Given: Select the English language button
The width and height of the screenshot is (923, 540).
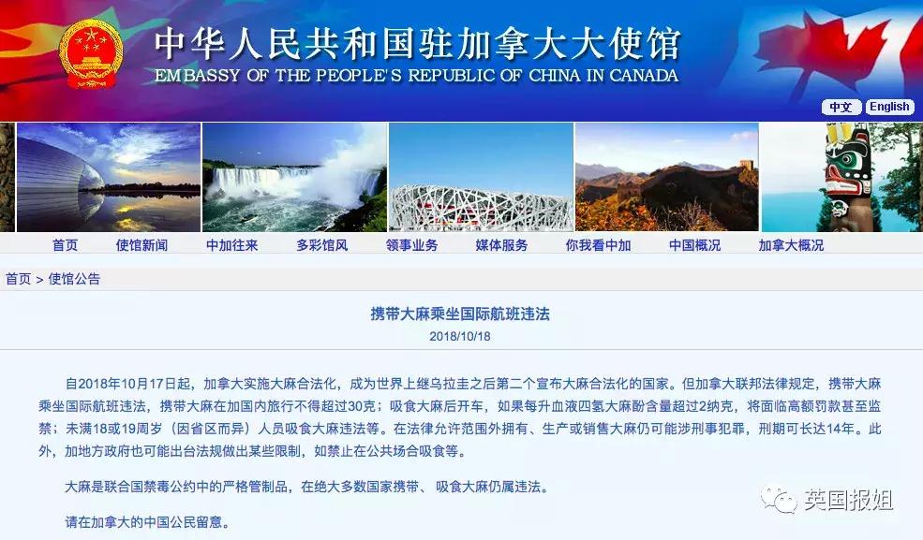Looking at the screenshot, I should (888, 107).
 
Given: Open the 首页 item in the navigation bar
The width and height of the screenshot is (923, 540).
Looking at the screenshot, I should (65, 245).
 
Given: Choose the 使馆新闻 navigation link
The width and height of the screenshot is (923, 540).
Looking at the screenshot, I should (141, 245).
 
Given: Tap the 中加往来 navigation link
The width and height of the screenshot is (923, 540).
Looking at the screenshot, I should (231, 245).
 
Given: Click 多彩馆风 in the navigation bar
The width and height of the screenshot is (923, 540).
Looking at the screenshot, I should (321, 245).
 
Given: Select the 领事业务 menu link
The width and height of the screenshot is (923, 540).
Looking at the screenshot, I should (411, 245).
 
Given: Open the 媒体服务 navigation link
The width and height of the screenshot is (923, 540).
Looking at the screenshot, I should (501, 245).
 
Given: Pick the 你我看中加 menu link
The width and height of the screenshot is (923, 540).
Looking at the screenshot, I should (598, 245).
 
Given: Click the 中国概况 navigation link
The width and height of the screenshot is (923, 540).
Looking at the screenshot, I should (694, 245).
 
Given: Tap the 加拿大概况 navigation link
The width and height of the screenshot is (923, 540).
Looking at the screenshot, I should (791, 245).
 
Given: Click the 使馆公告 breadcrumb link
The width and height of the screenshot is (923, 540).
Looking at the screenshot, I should (74, 279).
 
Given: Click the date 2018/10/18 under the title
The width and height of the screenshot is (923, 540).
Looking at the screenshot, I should (460, 336).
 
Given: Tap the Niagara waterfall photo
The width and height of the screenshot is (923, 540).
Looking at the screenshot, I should (293, 177).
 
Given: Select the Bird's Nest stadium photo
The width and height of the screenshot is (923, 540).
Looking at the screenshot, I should (480, 178).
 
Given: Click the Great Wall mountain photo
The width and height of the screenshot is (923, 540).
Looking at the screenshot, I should (665, 178).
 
